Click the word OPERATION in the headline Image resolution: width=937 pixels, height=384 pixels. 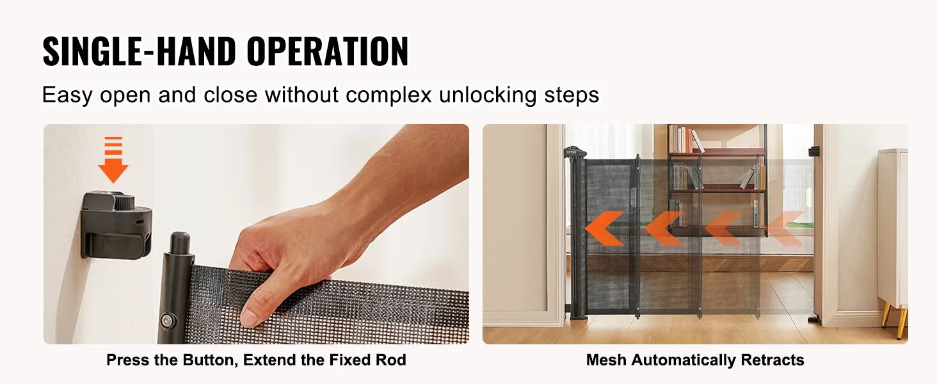(327, 51)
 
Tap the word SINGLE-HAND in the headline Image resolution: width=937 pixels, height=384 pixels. (140, 51)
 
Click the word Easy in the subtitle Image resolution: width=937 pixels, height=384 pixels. (67, 95)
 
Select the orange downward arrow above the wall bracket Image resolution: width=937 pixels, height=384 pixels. (113, 160)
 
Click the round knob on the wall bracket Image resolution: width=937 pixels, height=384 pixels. (124, 203)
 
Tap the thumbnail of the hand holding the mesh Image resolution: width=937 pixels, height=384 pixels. (256, 234)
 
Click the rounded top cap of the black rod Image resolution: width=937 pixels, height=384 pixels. (180, 243)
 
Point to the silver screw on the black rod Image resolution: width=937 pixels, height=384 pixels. (167, 321)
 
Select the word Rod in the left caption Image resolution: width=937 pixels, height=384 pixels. (392, 360)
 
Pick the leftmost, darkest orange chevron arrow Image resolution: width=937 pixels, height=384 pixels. (604, 228)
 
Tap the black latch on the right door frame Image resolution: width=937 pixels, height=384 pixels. (814, 151)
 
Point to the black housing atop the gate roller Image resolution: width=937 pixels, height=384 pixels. (575, 152)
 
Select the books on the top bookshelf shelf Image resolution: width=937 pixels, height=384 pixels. (685, 140)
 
